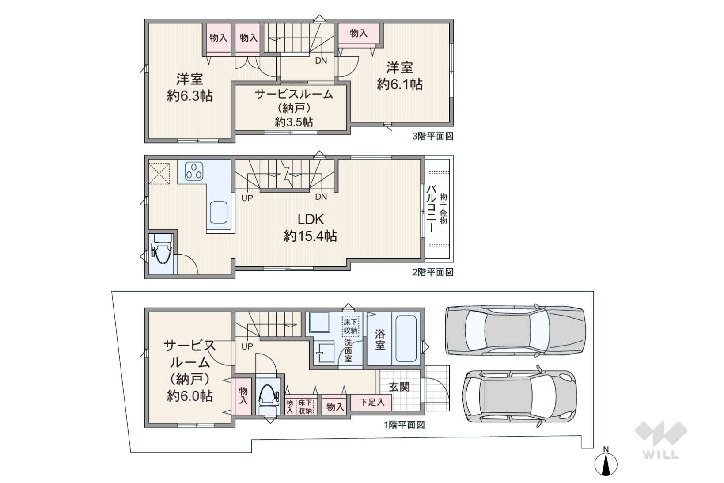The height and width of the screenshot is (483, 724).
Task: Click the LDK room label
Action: (310, 220)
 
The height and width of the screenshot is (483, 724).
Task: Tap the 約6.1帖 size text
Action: (399, 85)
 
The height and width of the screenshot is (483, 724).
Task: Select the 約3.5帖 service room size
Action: (294, 122)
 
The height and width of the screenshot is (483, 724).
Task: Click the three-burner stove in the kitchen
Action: (194, 171)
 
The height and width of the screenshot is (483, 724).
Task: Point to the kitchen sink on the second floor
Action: (219, 213)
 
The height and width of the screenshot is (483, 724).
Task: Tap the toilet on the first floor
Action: (269, 397)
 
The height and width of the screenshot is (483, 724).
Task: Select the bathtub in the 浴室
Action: (406, 338)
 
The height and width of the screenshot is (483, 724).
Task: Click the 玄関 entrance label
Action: (399, 387)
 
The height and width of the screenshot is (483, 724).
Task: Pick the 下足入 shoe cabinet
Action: (371, 403)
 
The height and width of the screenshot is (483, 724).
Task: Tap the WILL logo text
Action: (661, 455)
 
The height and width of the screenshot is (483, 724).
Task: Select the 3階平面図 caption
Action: (433, 136)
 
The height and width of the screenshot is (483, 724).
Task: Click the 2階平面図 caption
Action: (433, 272)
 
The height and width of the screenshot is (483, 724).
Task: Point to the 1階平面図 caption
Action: (404, 425)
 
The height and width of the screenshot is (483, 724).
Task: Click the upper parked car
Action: (516, 330)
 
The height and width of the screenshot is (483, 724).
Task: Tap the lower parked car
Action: (519, 396)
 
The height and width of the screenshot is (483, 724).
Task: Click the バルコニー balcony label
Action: (431, 209)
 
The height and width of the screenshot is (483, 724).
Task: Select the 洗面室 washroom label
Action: (348, 350)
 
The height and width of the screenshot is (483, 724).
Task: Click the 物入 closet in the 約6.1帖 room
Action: (359, 33)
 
